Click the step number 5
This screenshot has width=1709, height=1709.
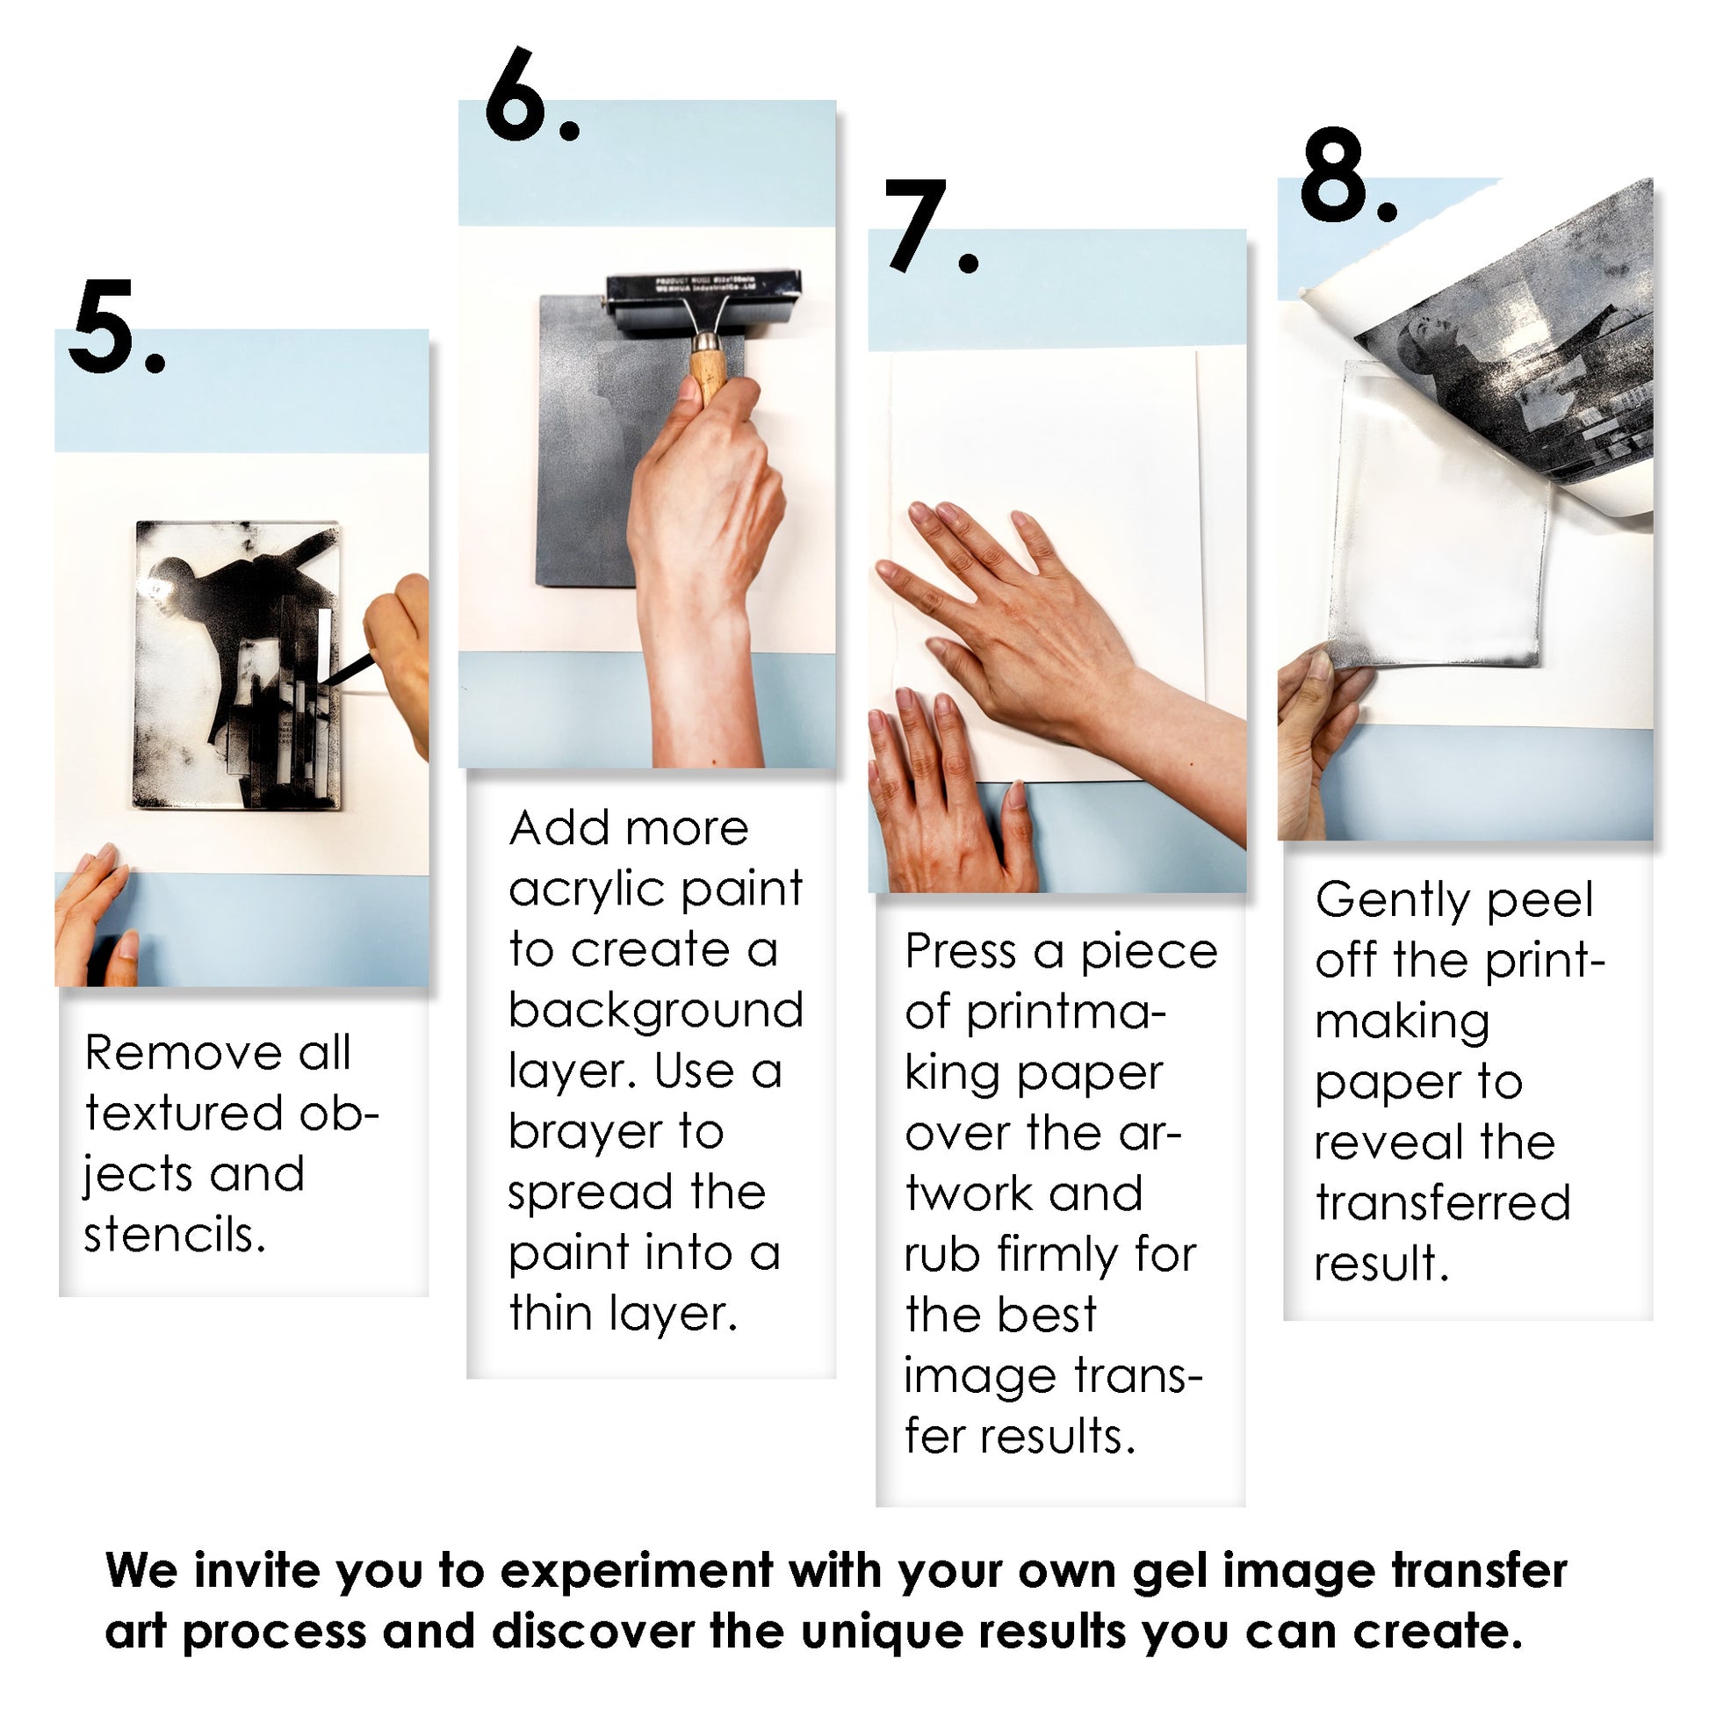pos(104,328)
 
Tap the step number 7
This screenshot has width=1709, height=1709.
pos(917,227)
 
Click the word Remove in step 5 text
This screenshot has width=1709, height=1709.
pos(182,1054)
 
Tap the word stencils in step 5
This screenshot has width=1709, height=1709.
pos(173,1236)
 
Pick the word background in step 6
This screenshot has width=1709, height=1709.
pos(655,1011)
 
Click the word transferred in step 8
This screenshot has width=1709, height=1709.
pos(1443,1203)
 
